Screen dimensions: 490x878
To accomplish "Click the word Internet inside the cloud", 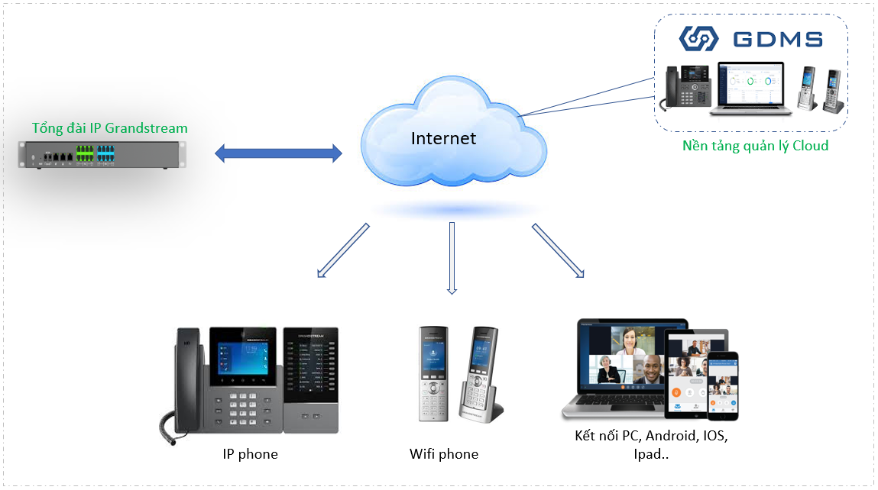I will click(x=443, y=138).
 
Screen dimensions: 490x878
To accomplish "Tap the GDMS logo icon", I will click(x=699, y=39).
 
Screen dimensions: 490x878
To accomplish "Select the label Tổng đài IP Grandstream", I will click(x=109, y=128).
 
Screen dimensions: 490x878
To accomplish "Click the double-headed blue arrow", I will click(x=278, y=154).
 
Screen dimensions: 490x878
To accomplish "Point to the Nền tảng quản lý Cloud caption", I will click(x=755, y=145).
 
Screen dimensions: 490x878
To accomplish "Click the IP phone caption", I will click(x=250, y=454).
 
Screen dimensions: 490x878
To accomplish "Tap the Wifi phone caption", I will click(x=443, y=454).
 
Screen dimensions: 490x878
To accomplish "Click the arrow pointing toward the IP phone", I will click(x=342, y=250).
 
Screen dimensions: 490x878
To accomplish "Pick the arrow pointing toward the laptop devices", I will click(x=558, y=250).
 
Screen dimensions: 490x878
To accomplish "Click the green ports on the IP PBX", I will click(x=84, y=156).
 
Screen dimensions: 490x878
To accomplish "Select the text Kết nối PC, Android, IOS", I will click(x=651, y=437).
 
